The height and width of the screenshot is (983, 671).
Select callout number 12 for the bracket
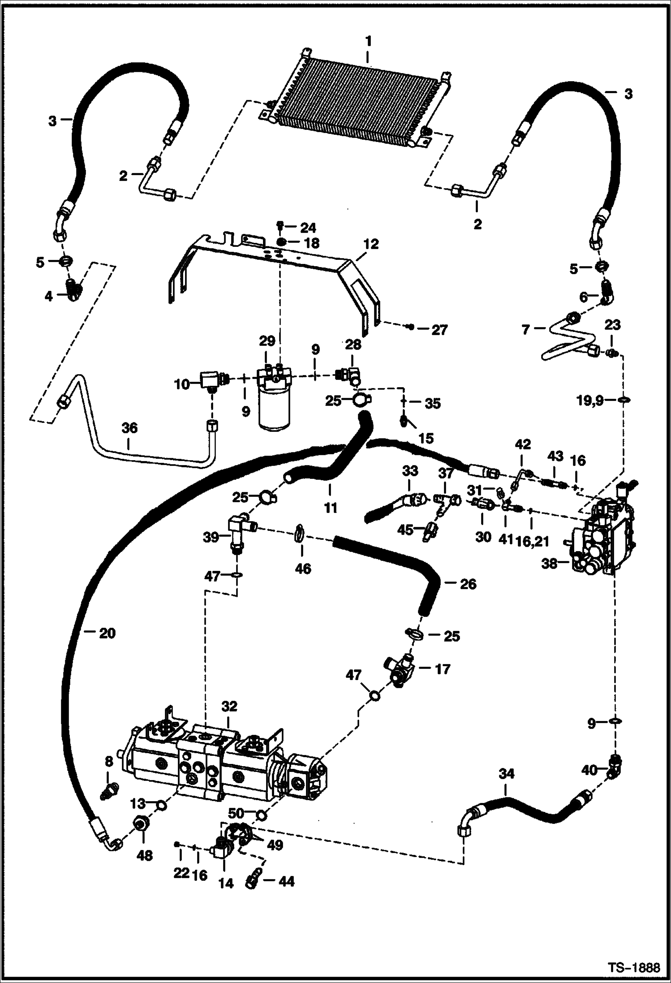click(371, 244)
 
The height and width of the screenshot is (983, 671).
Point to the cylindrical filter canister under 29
click(275, 410)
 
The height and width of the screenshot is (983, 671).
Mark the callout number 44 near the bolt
click(286, 881)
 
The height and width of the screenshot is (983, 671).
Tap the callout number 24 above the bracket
click(308, 228)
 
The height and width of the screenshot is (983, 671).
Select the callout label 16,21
click(532, 537)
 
